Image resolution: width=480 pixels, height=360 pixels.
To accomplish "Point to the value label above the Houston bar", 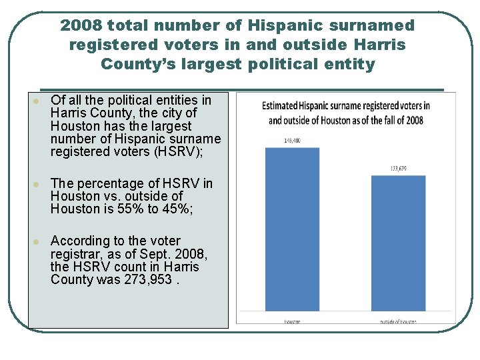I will (292, 141).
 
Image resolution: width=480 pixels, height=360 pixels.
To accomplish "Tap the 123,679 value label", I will (398, 169).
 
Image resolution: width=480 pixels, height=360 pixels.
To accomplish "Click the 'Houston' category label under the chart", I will (292, 321).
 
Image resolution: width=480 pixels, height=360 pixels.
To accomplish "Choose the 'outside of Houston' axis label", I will (399, 321).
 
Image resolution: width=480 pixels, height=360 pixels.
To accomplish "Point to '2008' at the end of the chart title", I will (414, 120).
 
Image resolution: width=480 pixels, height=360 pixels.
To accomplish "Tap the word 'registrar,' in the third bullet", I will (78, 253).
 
